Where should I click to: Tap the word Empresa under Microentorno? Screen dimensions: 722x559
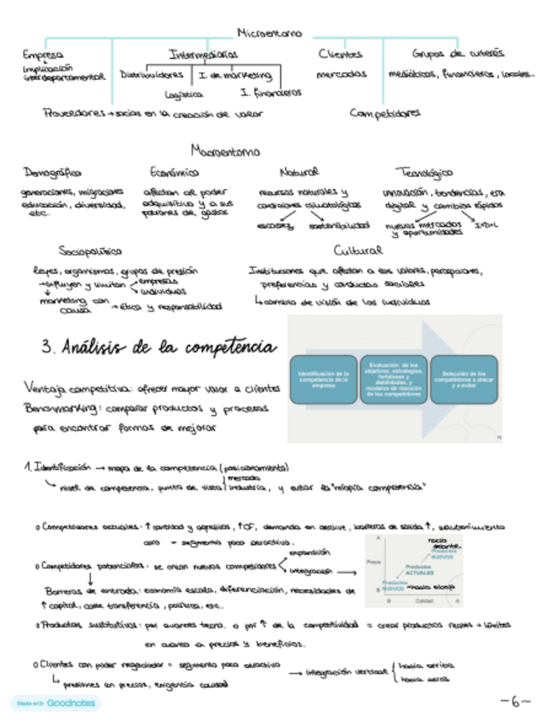[x=43, y=54]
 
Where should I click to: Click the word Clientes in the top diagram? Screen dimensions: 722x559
[x=340, y=54]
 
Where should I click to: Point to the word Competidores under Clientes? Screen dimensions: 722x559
[x=384, y=112]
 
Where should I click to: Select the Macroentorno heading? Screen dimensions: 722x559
[x=226, y=153]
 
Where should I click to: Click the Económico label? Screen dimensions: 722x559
[x=174, y=172]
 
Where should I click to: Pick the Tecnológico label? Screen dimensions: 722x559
[x=424, y=173]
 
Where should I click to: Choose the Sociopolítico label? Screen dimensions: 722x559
[x=89, y=251]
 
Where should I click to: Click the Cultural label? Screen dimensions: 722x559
[x=352, y=251]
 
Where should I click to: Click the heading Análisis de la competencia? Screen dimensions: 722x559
[x=158, y=347]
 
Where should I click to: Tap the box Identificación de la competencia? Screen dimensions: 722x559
[x=319, y=378]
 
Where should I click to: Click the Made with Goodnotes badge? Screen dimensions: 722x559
[x=55, y=703]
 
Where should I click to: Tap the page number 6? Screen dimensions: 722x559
[x=516, y=702]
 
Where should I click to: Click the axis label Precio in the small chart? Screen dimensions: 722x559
[x=372, y=563]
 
